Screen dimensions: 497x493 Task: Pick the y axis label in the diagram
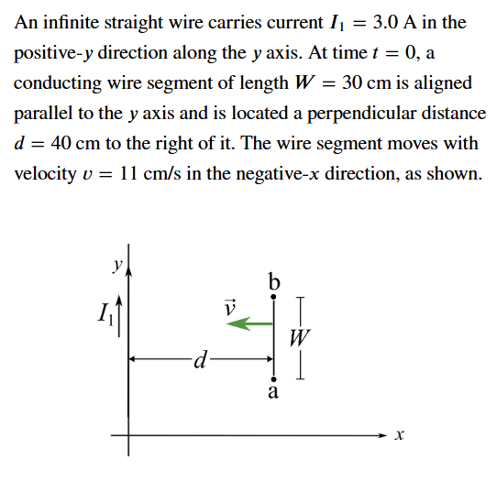pos(116,264)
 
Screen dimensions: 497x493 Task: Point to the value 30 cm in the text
pos(365,82)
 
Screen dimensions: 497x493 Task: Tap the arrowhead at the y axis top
pos(128,249)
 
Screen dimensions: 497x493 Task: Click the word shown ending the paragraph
pos(456,174)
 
